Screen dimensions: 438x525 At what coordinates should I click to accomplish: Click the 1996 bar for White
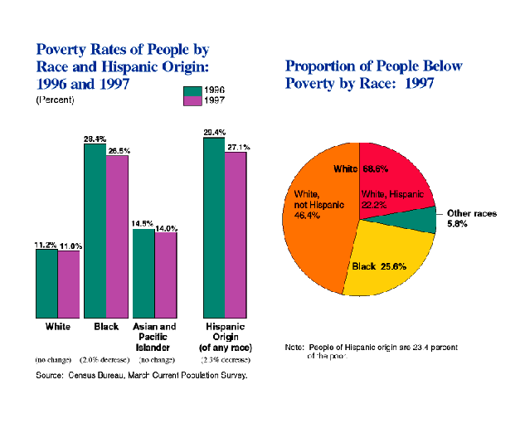(x=46, y=283)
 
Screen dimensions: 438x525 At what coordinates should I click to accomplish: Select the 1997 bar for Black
(x=117, y=236)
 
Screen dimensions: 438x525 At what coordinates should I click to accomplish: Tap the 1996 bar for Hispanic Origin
(x=214, y=227)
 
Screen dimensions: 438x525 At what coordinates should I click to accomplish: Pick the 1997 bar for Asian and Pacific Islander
(x=166, y=275)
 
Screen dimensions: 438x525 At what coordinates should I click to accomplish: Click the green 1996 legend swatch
(x=192, y=90)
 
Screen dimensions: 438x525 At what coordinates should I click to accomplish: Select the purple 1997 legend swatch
(x=192, y=100)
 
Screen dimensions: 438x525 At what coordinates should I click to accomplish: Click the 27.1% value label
(x=238, y=147)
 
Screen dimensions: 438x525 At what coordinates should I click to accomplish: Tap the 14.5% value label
(x=142, y=223)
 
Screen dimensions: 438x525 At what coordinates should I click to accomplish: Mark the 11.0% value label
(x=69, y=246)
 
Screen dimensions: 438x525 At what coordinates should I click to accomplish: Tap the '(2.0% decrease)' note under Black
(x=104, y=360)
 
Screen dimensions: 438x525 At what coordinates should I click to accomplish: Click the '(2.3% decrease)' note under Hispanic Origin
(x=226, y=360)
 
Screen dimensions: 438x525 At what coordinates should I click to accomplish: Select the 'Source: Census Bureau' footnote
(x=141, y=376)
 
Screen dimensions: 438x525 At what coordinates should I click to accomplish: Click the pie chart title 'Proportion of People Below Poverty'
(x=373, y=75)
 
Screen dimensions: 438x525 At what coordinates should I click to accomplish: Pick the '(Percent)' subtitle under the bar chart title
(x=55, y=100)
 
